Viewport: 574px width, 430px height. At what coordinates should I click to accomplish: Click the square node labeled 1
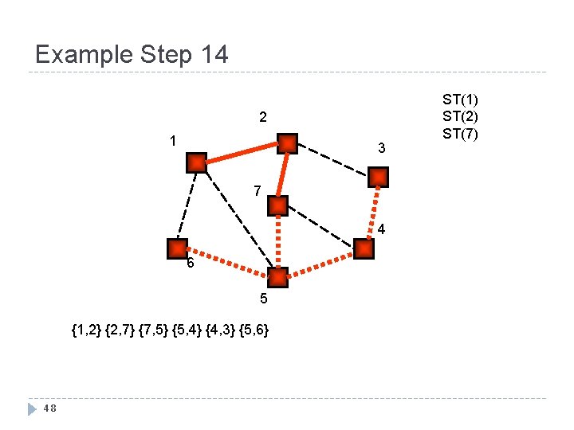tap(195, 163)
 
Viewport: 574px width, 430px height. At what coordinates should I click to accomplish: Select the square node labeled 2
tap(287, 143)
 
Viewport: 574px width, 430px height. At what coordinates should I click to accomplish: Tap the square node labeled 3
tap(379, 177)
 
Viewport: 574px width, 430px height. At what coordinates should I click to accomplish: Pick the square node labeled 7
tap(277, 205)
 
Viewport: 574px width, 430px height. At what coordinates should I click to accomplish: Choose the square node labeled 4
tap(364, 249)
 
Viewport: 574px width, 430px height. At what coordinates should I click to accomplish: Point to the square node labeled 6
tap(177, 248)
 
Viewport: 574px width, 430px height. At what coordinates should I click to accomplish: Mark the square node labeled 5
tap(277, 278)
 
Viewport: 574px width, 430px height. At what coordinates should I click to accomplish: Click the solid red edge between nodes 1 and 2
tap(241, 153)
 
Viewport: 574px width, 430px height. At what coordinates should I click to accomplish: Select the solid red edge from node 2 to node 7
tap(282, 174)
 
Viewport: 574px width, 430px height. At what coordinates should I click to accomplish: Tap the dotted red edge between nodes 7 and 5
tap(277, 242)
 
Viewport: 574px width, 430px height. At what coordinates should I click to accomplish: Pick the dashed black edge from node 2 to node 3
tap(333, 160)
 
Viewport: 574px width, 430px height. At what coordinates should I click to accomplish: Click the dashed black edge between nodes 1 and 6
tap(187, 205)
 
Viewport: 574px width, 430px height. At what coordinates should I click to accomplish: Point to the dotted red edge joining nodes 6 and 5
tap(227, 264)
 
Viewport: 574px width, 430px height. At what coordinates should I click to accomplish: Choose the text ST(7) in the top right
tap(460, 133)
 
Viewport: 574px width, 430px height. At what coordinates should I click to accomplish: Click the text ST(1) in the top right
tap(460, 100)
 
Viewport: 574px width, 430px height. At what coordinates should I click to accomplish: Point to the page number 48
tap(49, 408)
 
